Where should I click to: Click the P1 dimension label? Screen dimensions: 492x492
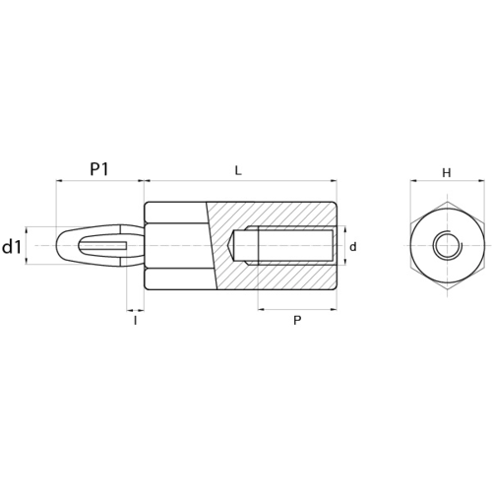pyautogui.click(x=99, y=169)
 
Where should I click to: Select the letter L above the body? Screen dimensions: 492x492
pyautogui.click(x=238, y=170)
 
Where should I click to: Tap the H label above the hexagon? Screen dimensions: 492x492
pyautogui.click(x=447, y=172)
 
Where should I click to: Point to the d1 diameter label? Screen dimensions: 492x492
pyautogui.click(x=12, y=247)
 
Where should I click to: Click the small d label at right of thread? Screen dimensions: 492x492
pyautogui.click(x=353, y=247)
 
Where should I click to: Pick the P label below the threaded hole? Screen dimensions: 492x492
pyautogui.click(x=297, y=321)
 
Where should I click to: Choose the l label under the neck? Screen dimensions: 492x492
pyautogui.click(x=135, y=321)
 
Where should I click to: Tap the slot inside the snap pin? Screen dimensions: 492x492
pyautogui.click(x=102, y=245)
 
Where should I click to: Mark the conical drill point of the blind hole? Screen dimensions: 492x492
pyautogui.click(x=230, y=245)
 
